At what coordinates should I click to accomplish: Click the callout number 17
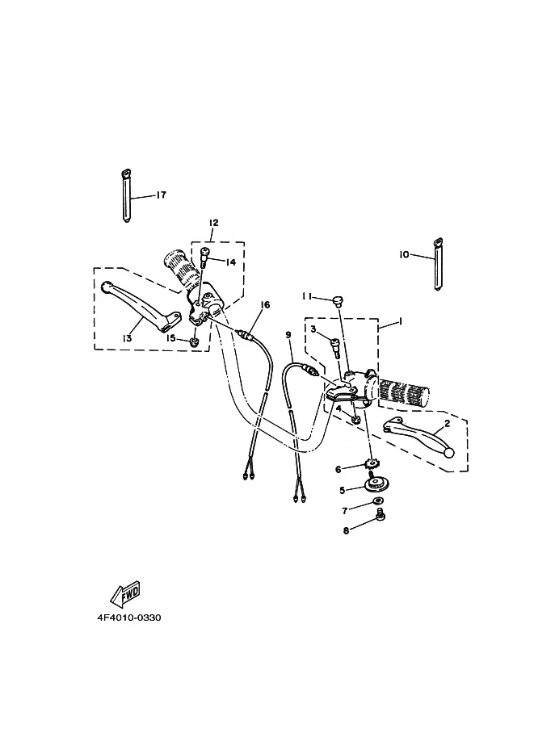pyautogui.click(x=161, y=195)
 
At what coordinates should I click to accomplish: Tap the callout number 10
pyautogui.click(x=404, y=255)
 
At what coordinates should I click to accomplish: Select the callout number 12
pyautogui.click(x=213, y=222)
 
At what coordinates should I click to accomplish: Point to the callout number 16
pyautogui.click(x=265, y=305)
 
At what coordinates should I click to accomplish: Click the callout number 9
pyautogui.click(x=288, y=335)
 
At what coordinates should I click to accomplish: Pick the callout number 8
pyautogui.click(x=347, y=530)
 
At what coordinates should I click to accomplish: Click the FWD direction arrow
pyautogui.click(x=125, y=593)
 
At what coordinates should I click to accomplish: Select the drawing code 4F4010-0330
pyautogui.click(x=129, y=618)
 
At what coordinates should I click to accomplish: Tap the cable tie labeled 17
pyautogui.click(x=126, y=195)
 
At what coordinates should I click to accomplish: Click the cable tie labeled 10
pyautogui.click(x=439, y=265)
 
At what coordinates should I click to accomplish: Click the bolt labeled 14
pyautogui.click(x=204, y=257)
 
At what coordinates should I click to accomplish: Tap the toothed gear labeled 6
pyautogui.click(x=372, y=466)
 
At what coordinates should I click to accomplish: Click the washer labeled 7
pyautogui.click(x=378, y=500)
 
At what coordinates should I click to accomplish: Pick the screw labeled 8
pyautogui.click(x=381, y=517)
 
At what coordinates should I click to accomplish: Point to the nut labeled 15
pyautogui.click(x=193, y=341)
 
